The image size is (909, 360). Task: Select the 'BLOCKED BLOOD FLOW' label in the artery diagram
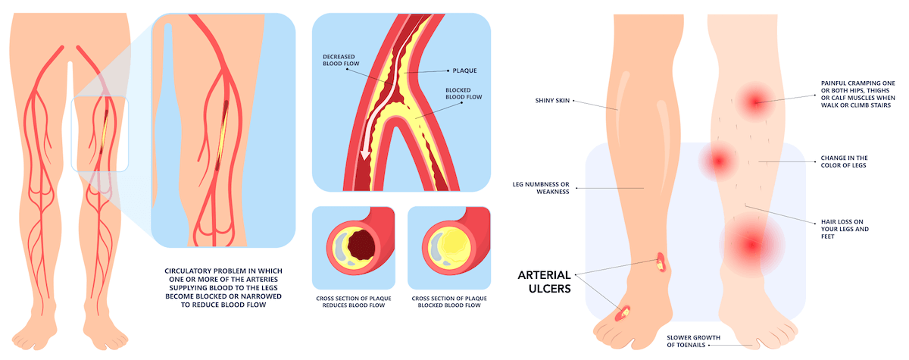[x=453, y=94]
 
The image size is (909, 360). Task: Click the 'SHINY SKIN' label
[x=551, y=100]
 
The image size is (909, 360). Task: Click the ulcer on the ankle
[x=661, y=262]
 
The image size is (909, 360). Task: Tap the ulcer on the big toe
[x=626, y=311]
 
